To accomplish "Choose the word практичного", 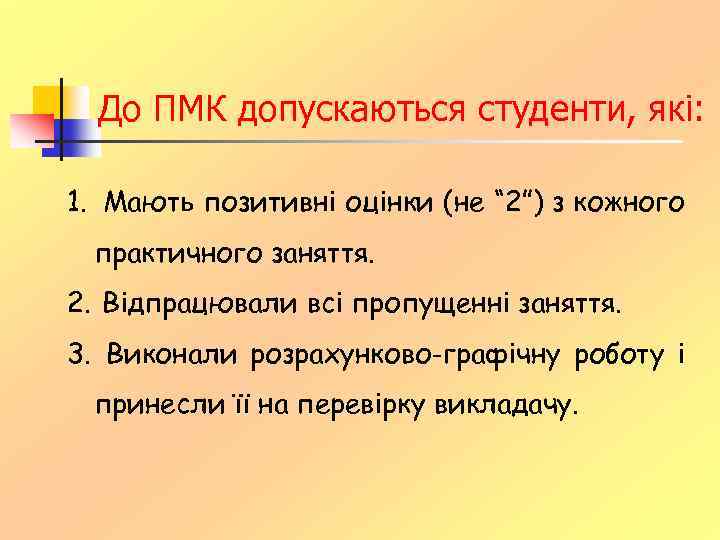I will coord(180,254).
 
